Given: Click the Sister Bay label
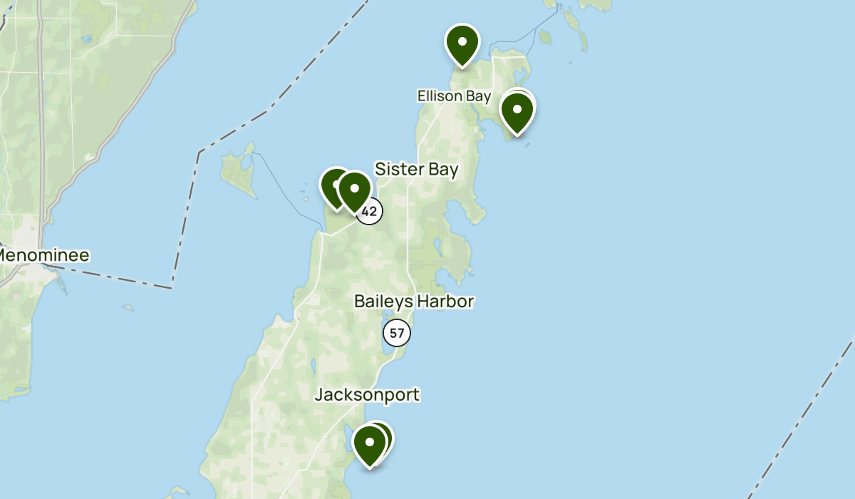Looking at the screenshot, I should coord(416,170).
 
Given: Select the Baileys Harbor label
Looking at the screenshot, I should coord(414,302).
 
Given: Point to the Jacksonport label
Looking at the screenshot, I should coord(368,394).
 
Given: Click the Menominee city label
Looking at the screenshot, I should coord(44,255).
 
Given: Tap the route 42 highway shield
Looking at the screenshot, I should coord(369,212).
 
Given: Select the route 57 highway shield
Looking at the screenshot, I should coord(397,332).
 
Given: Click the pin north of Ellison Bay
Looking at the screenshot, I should coord(462,42).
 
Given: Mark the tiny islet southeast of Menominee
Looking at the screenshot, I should coord(128,308).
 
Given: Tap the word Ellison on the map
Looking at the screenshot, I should coord(437,96).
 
